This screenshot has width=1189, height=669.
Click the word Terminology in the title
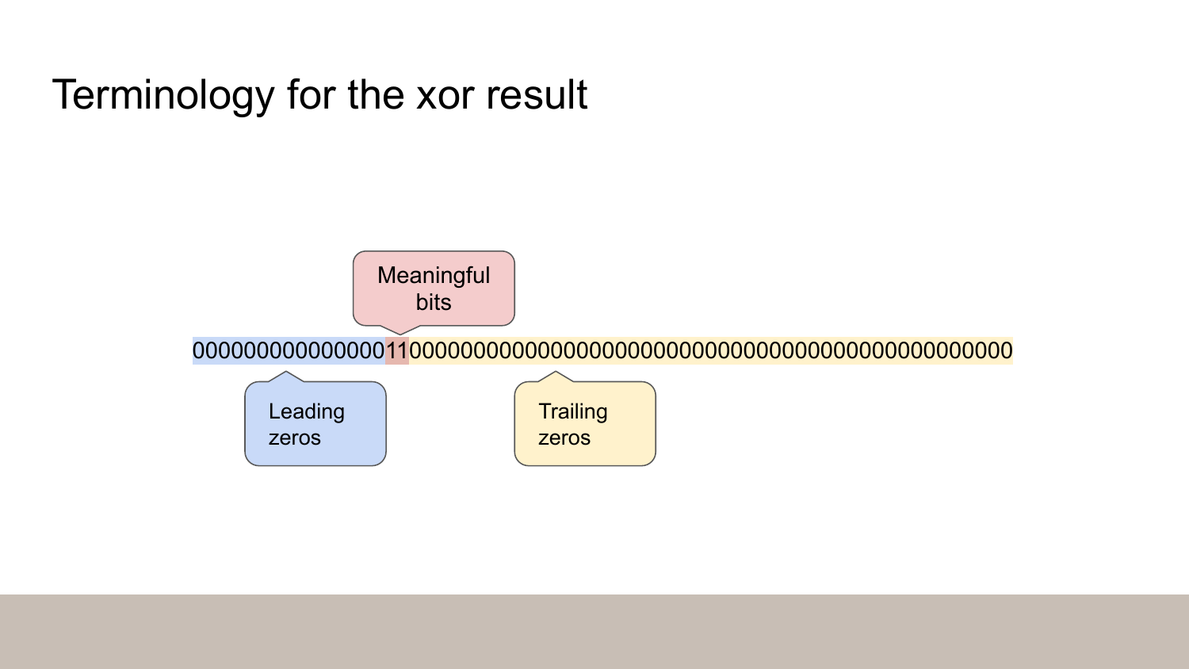pyautogui.click(x=162, y=95)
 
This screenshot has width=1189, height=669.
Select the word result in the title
pyautogui.click(x=536, y=95)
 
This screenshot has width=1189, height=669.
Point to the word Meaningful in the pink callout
pyautogui.click(x=434, y=275)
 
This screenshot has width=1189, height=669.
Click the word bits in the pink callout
pyautogui.click(x=434, y=302)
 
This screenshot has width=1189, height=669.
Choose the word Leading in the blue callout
pyautogui.click(x=307, y=411)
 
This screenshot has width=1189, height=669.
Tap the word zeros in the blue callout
pyautogui.click(x=294, y=438)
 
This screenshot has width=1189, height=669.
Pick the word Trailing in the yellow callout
pyautogui.click(x=573, y=411)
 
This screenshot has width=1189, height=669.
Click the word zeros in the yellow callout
pyautogui.click(x=564, y=438)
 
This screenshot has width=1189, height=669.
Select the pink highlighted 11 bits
pyautogui.click(x=396, y=350)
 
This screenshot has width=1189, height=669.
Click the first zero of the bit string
pyautogui.click(x=199, y=350)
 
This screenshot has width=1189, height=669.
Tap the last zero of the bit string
pyautogui.click(x=1006, y=350)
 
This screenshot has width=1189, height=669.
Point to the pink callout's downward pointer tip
pyautogui.click(x=400, y=334)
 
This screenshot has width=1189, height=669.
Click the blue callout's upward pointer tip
pyautogui.click(x=285, y=372)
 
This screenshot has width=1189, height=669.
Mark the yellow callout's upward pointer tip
pyautogui.click(x=556, y=372)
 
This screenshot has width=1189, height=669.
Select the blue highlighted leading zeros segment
pyautogui.click(x=289, y=350)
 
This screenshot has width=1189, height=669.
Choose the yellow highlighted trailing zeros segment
pyautogui.click(x=710, y=350)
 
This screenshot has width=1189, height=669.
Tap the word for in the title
pyautogui.click(x=312, y=95)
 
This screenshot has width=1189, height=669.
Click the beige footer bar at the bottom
pyautogui.click(x=594, y=631)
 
